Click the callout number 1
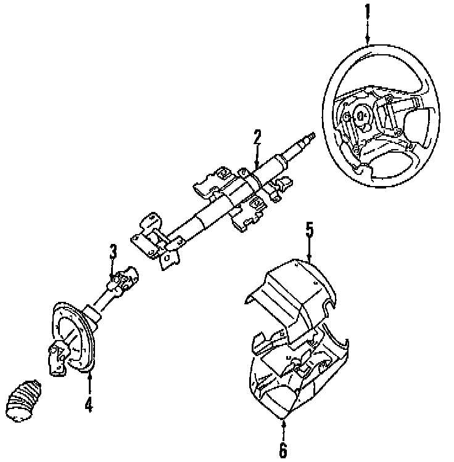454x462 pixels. [368, 11]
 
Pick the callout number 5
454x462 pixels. [310, 230]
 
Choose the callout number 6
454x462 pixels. [283, 450]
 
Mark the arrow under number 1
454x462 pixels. [368, 32]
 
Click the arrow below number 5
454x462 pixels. [310, 249]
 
